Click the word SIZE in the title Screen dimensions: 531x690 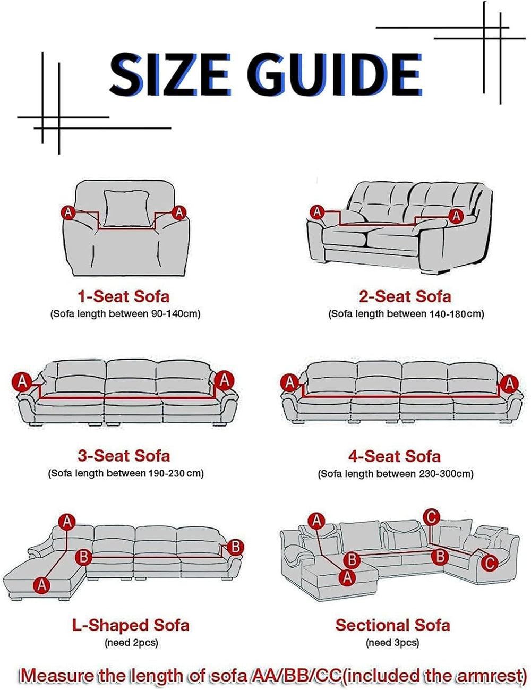170,75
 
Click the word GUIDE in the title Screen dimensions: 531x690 335,75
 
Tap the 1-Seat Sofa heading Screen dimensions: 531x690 124,296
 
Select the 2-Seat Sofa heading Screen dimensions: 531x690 405,296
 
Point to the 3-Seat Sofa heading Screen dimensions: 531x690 124,456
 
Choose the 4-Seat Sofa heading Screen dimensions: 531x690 395,456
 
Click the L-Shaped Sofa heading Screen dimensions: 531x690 131,625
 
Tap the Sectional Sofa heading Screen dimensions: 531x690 392,625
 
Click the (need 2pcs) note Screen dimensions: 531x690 131,643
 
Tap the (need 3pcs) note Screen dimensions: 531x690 392,643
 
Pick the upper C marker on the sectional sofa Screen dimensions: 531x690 432,517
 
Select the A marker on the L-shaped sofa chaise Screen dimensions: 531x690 42,584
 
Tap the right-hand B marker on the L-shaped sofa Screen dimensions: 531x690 235,547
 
